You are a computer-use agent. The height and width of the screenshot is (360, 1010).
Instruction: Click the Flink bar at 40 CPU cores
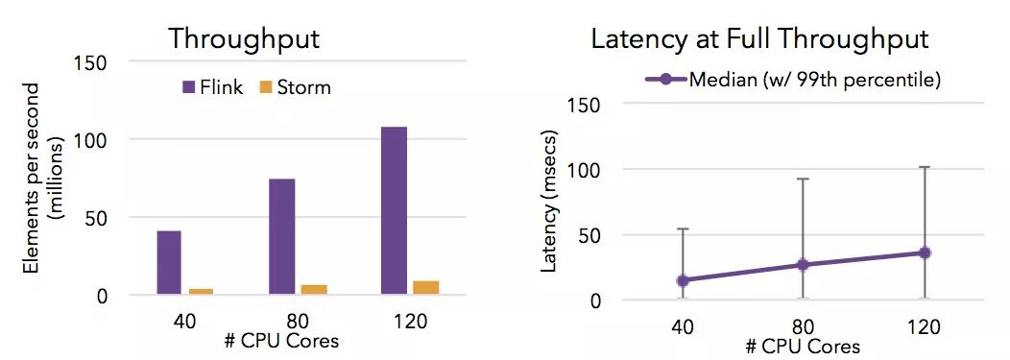pos(169,262)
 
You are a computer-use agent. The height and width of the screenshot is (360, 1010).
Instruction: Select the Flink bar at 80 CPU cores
pos(281,236)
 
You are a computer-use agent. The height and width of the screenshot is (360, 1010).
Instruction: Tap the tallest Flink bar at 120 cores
pos(394,209)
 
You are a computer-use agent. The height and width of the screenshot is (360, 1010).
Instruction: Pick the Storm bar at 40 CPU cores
pos(202,291)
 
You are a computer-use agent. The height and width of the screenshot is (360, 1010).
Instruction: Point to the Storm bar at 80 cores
pos(314,289)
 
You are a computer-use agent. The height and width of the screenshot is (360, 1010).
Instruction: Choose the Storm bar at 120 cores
pos(426,287)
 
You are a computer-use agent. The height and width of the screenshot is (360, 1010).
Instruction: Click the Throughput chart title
pos(244,40)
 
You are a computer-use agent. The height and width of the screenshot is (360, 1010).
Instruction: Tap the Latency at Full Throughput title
pos(758,40)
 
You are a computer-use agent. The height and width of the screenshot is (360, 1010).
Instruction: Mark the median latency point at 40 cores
pos(684,280)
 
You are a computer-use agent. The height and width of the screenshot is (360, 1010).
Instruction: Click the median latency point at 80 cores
pos(804,264)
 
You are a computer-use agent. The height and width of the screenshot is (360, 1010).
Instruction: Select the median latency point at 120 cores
pos(925,252)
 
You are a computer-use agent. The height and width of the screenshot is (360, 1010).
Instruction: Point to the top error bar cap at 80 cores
pos(804,179)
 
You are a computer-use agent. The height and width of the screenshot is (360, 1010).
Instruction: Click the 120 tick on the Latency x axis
pos(925,326)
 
